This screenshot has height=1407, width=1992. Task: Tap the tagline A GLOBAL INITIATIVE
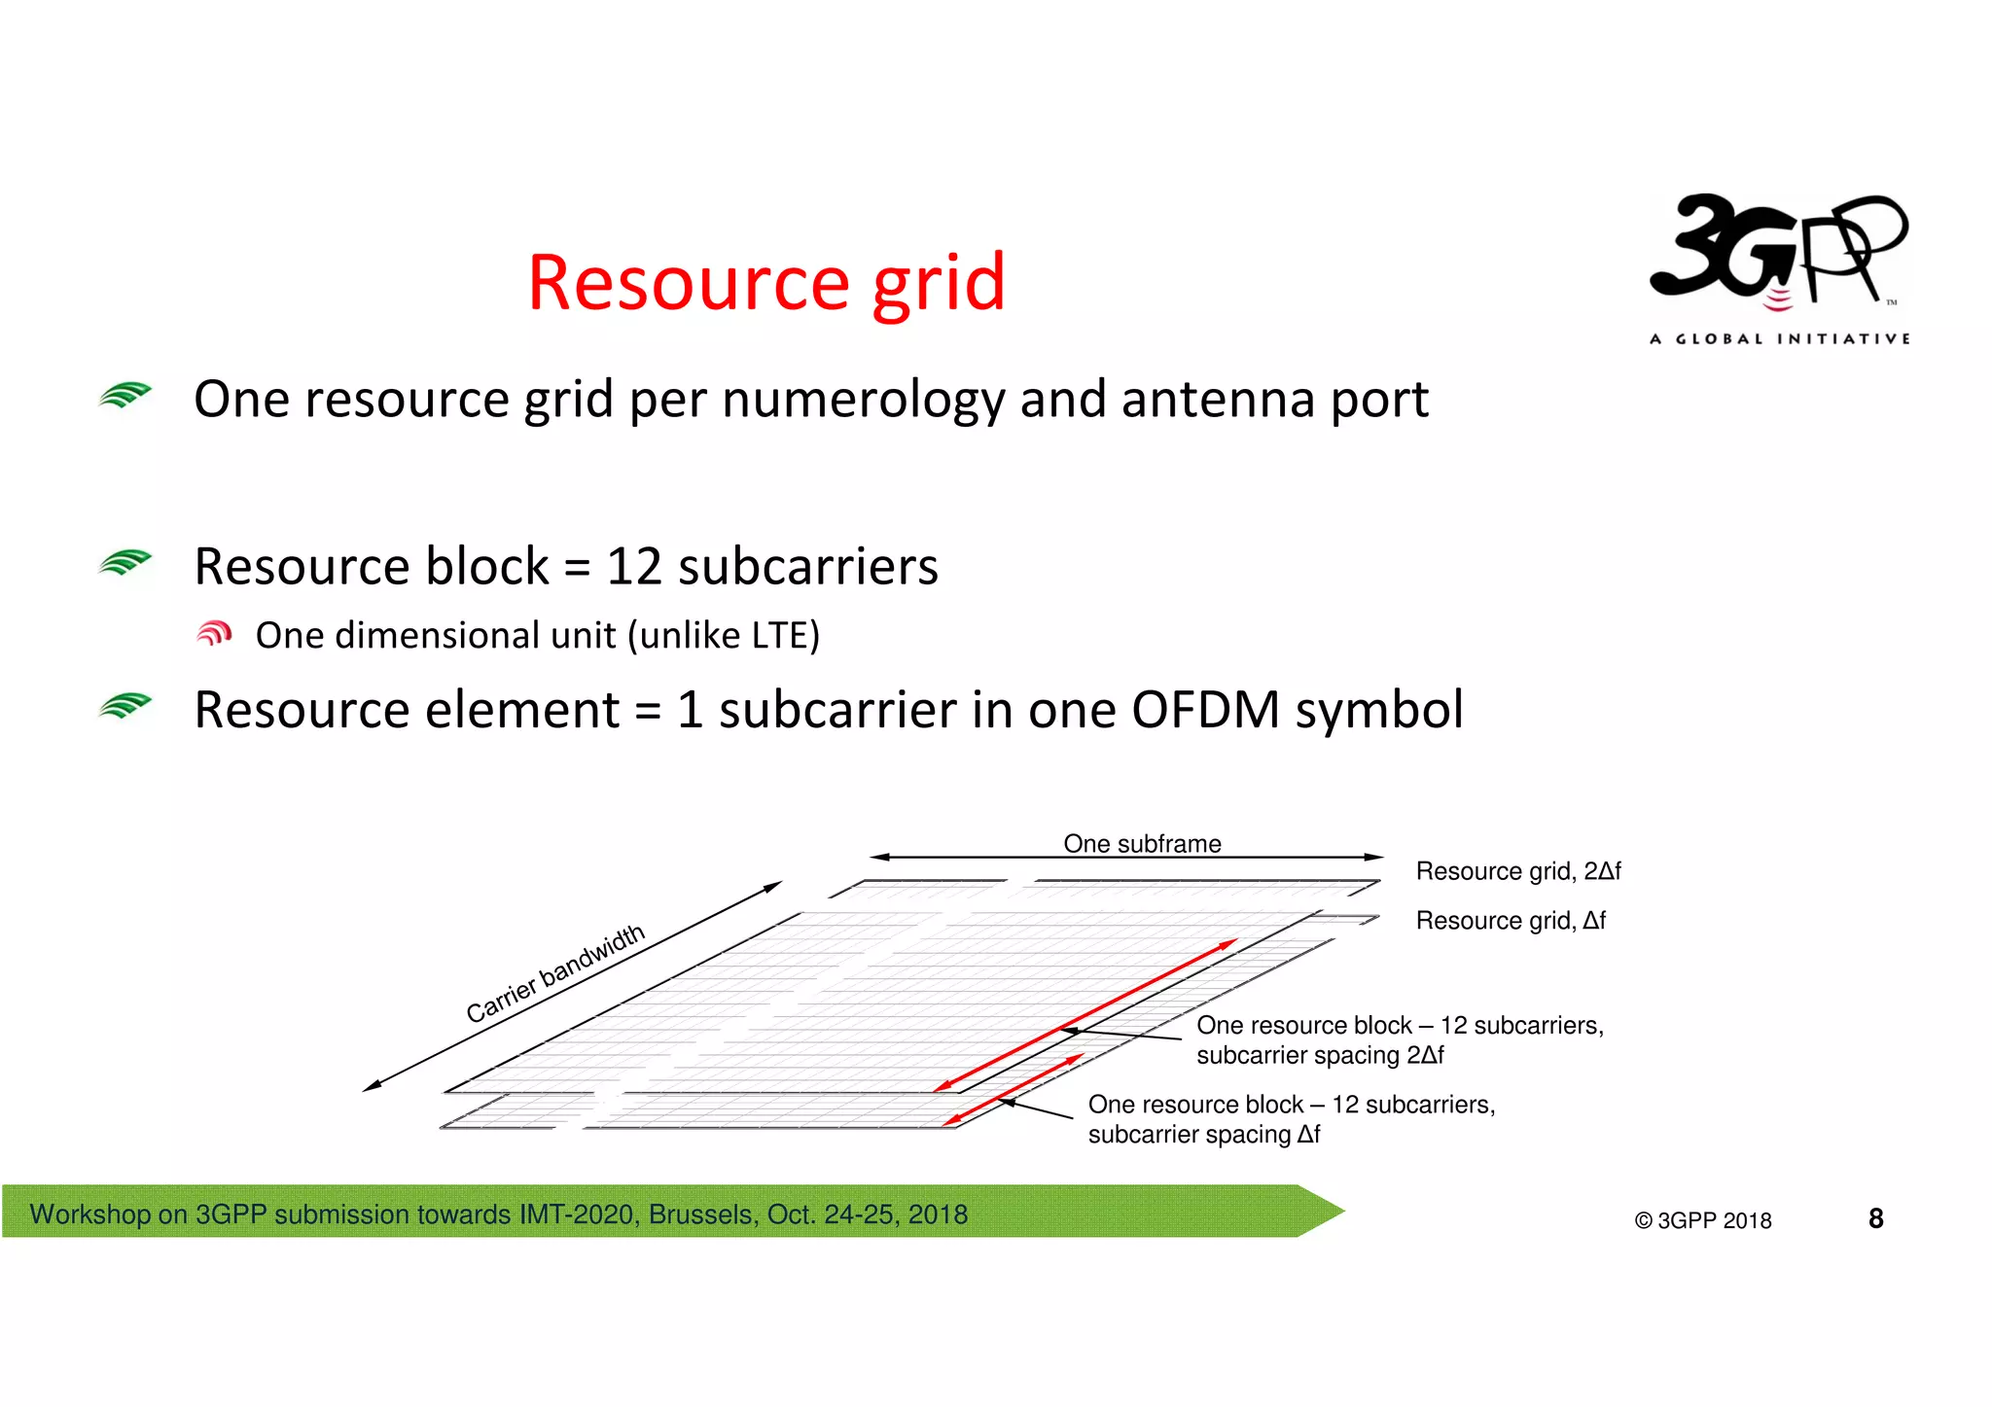pos(1779,338)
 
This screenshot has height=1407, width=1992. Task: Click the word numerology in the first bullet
pos(863,400)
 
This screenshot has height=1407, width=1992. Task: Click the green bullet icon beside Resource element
pos(124,706)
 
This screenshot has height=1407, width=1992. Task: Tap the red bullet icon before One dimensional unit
pos(214,634)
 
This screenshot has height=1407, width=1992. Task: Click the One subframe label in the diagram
pos(1142,843)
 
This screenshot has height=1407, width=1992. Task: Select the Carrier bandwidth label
pos(555,972)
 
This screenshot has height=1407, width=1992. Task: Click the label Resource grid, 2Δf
pos(1517,870)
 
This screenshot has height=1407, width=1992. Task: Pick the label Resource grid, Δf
pos(1510,920)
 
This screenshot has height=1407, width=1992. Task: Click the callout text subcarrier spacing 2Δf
pos(1319,1055)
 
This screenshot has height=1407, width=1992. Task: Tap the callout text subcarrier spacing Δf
pos(1203,1134)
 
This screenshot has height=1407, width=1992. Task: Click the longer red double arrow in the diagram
pos(1085,1015)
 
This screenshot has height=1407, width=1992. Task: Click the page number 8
pos(1875,1218)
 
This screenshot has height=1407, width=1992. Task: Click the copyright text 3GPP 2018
pos(1713,1220)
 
